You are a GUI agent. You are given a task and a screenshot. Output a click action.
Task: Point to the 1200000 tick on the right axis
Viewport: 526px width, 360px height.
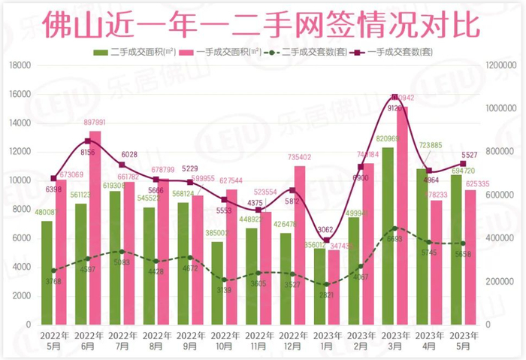coord(505,66)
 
